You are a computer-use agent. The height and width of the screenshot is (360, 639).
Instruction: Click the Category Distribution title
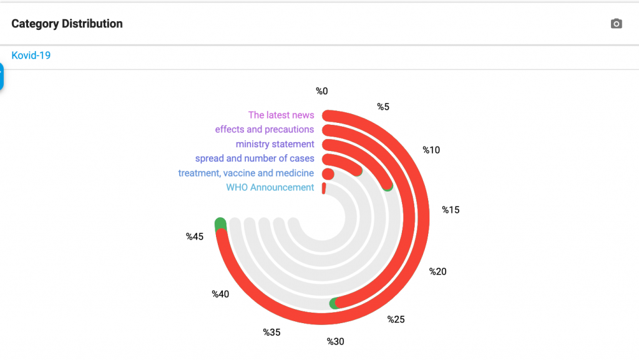pos(67,24)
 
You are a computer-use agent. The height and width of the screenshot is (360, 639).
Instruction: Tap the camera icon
pos(616,24)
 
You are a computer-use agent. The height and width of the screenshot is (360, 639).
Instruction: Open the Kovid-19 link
pos(31,56)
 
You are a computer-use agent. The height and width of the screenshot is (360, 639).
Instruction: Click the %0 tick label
pos(321,91)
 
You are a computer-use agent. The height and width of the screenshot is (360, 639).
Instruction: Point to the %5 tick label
pos(383,107)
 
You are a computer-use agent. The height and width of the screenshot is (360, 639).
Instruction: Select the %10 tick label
pos(431,150)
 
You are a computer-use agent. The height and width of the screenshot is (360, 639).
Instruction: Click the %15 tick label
pos(451,210)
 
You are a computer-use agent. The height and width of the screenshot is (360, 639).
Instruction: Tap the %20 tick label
pos(437,271)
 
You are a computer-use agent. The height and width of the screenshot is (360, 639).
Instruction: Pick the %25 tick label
pos(396,320)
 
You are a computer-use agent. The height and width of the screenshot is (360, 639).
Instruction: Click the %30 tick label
pos(336,341)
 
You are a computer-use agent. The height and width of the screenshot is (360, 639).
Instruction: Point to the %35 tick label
pos(271,332)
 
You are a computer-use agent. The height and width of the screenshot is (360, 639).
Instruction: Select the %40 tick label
pos(220,294)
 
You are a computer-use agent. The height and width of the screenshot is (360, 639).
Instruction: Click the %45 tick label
pos(195,236)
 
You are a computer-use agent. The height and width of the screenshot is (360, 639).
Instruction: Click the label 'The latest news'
pos(281,115)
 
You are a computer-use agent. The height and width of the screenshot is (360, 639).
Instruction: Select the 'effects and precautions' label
pos(264,129)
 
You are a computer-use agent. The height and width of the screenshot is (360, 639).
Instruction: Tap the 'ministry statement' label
pos(275,144)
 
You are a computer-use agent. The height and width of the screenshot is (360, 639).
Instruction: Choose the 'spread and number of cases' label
pos(254,158)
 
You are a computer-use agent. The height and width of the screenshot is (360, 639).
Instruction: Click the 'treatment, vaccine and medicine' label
pos(246,173)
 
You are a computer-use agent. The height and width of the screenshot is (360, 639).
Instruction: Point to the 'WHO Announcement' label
pos(270,187)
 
